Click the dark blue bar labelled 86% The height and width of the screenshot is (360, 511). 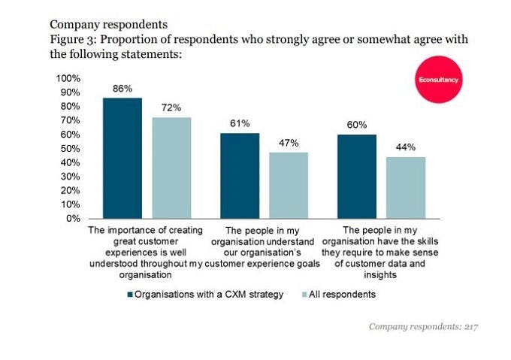coord(122,158)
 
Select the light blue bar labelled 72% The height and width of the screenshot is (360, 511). coord(171,168)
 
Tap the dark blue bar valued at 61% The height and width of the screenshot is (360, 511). coord(240,175)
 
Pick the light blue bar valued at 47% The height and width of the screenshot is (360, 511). coord(289,185)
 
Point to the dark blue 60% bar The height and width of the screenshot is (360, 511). coord(356,176)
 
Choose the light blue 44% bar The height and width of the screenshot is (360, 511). coord(406,187)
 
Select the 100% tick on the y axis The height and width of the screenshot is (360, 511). coord(68,78)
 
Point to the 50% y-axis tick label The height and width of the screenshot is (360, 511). coord(71,148)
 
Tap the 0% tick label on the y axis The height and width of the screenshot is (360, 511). coord(74,219)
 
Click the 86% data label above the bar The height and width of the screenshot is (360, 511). coord(122,89)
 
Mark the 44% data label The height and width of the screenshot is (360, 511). coord(406,148)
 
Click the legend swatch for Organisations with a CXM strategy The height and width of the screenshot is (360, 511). coord(130,295)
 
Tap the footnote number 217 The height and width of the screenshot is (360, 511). coord(470,327)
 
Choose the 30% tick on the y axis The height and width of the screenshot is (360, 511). coord(71,177)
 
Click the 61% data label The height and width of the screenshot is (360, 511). coord(240,123)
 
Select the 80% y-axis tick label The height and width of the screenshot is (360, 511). coord(71,106)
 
